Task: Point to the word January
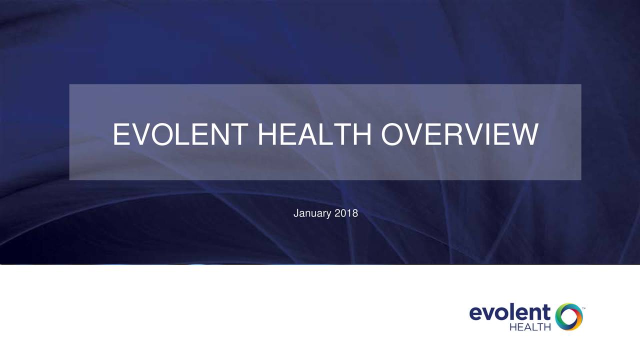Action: click(x=312, y=214)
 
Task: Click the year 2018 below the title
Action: click(x=346, y=213)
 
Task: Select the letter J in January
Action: click(x=296, y=213)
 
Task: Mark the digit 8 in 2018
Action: click(x=355, y=213)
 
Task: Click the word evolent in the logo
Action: click(x=509, y=313)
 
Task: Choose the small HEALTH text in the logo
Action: click(x=530, y=327)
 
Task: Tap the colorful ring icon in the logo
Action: click(x=568, y=316)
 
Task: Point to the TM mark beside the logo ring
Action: click(x=583, y=308)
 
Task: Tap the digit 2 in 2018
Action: click(x=337, y=213)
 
